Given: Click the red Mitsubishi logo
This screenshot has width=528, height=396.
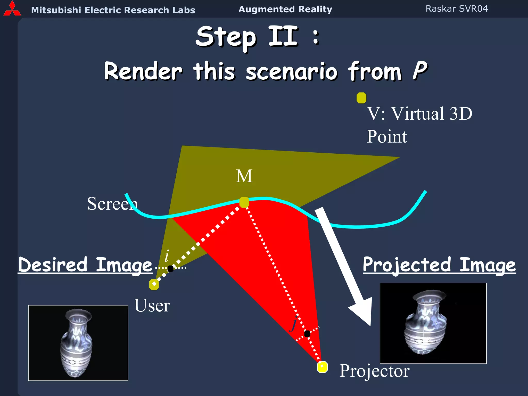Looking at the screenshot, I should (12, 9).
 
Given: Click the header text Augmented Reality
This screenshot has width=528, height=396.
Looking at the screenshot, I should (285, 9).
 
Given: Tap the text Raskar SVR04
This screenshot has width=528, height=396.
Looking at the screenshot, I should (457, 9).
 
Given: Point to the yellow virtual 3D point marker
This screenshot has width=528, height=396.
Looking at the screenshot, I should (361, 98).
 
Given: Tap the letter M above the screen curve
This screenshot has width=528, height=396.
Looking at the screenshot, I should (244, 176).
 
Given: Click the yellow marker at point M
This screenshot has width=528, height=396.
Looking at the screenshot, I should (244, 202).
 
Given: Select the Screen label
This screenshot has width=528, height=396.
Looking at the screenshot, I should (112, 204).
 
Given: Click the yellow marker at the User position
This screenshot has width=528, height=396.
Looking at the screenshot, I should (154, 284).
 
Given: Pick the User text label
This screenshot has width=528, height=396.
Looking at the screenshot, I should (152, 306).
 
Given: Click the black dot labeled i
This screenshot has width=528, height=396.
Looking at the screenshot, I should (170, 269).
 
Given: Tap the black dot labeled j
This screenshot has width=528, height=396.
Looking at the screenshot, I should (307, 334).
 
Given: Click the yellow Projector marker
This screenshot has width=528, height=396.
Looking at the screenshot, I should (322, 367).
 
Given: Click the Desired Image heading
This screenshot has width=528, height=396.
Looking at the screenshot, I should (85, 265).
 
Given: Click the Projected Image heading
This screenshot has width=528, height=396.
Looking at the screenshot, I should (439, 265).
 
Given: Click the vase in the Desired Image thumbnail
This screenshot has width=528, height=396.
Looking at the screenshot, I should (76, 343).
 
